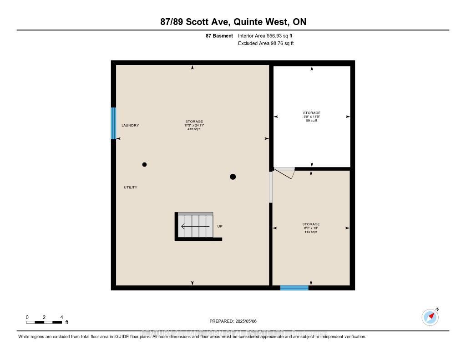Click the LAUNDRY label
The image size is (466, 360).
[x=130, y=126]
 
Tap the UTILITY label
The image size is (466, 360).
[x=131, y=188]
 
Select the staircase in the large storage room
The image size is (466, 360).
[x=195, y=226]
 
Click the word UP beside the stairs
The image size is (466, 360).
[x=220, y=226]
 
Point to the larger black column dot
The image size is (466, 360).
[x=233, y=177]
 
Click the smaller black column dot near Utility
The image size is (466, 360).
[x=144, y=164]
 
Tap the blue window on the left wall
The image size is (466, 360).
[x=113, y=123]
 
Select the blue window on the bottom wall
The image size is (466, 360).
[x=294, y=288]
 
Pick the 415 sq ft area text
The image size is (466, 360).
[x=194, y=129]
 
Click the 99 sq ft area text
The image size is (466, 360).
[x=312, y=120]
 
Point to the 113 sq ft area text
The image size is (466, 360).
[x=311, y=232]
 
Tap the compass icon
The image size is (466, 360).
[x=430, y=317]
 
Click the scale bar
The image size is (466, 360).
[x=44, y=322]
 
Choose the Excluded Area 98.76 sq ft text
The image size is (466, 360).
[x=266, y=44]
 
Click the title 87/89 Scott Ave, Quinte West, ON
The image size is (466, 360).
[x=233, y=22]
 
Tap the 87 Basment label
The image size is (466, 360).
[x=219, y=35]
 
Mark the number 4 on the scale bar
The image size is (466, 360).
[x=61, y=317]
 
